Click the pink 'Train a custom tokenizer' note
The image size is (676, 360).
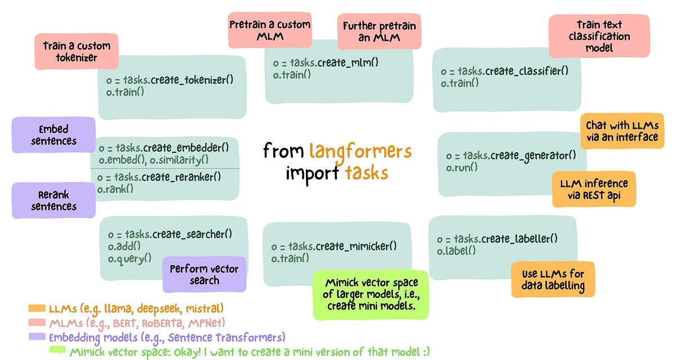[77, 51]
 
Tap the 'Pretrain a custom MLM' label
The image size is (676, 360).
[269, 30]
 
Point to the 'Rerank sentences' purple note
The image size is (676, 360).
[54, 200]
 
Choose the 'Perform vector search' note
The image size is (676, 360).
[204, 274]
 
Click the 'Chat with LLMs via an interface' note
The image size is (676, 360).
[621, 131]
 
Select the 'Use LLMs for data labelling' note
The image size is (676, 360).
[553, 279]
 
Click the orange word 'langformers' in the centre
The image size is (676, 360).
[360, 151]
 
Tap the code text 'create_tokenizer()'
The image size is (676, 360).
[192, 80]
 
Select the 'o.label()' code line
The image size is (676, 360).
[456, 251]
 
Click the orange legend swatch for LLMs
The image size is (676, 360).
[37, 309]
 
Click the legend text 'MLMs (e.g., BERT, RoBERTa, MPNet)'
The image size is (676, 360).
[137, 323]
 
